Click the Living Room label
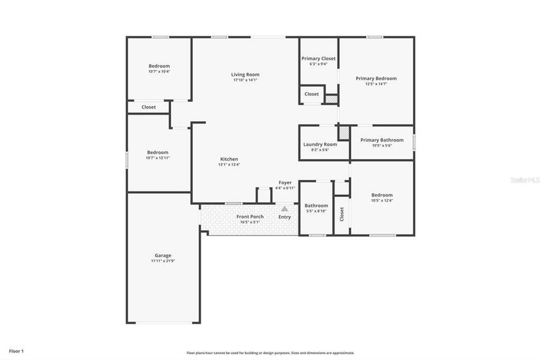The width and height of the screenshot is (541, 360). (245, 74)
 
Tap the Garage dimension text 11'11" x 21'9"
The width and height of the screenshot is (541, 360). (163, 261)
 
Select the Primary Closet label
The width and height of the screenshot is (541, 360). (318, 59)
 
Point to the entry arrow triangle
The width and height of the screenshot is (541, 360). (285, 208)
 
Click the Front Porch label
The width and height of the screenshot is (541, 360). (250, 217)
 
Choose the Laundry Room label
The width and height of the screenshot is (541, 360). (320, 144)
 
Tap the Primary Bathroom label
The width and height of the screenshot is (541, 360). (382, 140)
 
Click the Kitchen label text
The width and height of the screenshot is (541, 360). (228, 159)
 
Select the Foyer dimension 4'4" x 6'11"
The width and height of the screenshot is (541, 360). (285, 188)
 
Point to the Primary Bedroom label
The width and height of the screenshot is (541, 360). (376, 78)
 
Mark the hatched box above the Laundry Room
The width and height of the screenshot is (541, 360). (343, 132)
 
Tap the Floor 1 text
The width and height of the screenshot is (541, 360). (16, 350)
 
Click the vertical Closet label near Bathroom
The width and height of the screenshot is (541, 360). (342, 214)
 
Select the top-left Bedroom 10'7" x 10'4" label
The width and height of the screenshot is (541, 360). (159, 66)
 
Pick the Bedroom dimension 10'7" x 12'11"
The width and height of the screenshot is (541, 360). (158, 158)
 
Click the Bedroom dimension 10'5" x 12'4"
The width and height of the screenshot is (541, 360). (382, 200)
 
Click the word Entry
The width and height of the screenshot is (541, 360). (285, 217)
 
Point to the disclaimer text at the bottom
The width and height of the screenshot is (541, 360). (270, 353)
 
